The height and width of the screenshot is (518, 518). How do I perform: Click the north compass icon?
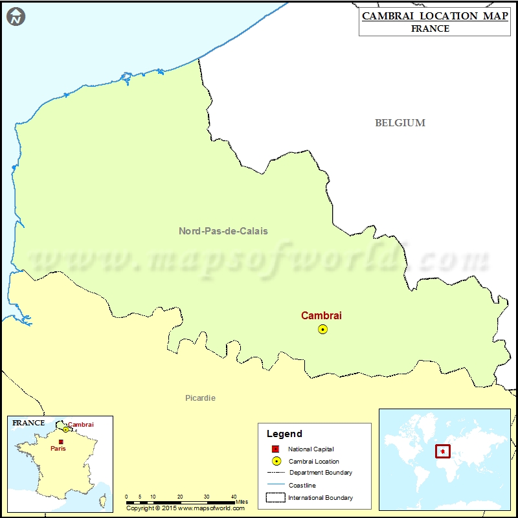tap(16, 16)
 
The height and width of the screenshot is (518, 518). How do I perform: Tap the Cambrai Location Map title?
tap(434, 16)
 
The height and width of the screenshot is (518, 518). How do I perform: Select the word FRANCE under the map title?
tap(430, 28)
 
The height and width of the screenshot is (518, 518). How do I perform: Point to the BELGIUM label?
tap(400, 122)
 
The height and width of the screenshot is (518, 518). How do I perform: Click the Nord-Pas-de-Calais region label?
tap(223, 231)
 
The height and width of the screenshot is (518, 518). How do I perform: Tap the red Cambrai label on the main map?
tap(321, 315)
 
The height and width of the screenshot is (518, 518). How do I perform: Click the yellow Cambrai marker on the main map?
tap(322, 329)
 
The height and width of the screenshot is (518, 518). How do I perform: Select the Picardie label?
tap(200, 398)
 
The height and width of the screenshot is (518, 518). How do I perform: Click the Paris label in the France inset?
tap(58, 448)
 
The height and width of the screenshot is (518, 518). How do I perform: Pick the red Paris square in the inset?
tap(61, 442)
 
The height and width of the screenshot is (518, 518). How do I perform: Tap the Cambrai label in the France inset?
tap(81, 425)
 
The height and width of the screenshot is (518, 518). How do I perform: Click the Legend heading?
tap(284, 434)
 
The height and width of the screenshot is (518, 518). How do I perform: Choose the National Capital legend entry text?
tap(311, 449)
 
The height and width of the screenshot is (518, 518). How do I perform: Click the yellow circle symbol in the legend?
tap(276, 461)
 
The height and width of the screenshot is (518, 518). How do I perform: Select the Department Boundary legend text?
tap(321, 473)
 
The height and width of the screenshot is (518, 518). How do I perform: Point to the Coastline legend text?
tap(302, 485)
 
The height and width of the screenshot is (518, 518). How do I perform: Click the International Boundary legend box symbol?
tap(276, 497)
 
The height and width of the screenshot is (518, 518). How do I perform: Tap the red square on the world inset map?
tap(442, 451)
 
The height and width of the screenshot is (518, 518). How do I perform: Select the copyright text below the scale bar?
tap(185, 508)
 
